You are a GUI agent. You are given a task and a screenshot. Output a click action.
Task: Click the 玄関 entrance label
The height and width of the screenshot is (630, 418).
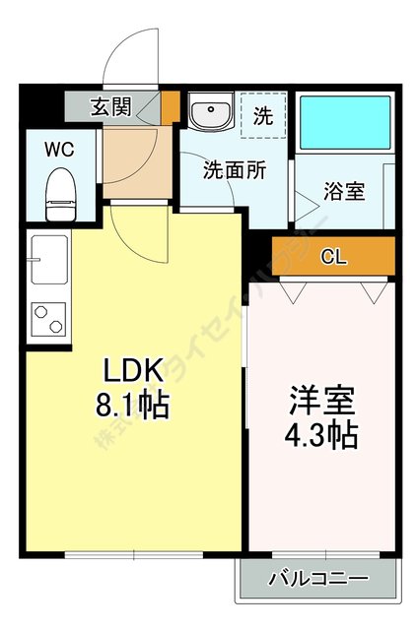click(110, 106)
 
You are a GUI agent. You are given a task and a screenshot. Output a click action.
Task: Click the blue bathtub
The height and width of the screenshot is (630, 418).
click(345, 121)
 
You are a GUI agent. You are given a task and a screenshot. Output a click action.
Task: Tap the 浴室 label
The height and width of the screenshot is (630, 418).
click(344, 190)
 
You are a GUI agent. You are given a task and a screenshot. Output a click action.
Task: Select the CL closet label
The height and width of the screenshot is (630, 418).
click(333, 257)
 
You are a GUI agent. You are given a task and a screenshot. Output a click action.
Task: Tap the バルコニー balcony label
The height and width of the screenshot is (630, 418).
click(317, 578)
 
